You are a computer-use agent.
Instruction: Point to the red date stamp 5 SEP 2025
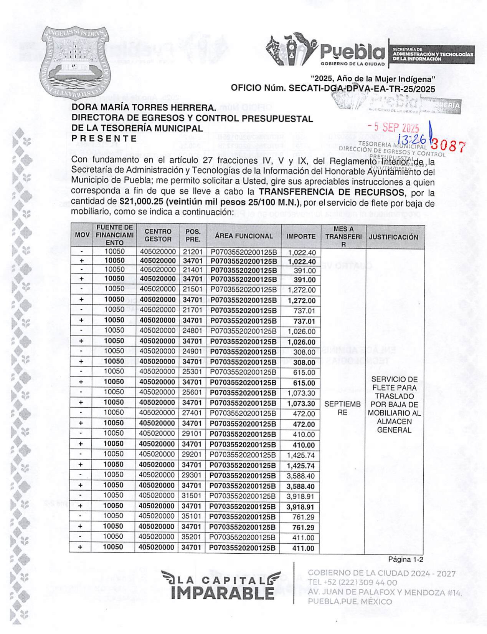point(393,127)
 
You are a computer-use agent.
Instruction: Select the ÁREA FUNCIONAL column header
point(244,236)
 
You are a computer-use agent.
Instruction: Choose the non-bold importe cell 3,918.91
point(300,496)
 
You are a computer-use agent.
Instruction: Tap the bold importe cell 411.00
point(303,548)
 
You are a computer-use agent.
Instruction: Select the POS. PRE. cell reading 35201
point(191,537)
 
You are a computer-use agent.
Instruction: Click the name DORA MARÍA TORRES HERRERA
point(144,108)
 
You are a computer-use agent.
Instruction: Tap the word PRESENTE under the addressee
point(104,139)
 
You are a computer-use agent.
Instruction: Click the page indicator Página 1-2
point(405,559)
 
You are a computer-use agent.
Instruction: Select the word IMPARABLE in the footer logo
point(223,593)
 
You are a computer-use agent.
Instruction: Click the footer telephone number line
point(352,583)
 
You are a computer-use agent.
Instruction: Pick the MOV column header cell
point(82,235)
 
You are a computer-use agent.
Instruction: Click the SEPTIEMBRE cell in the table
point(342,408)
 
